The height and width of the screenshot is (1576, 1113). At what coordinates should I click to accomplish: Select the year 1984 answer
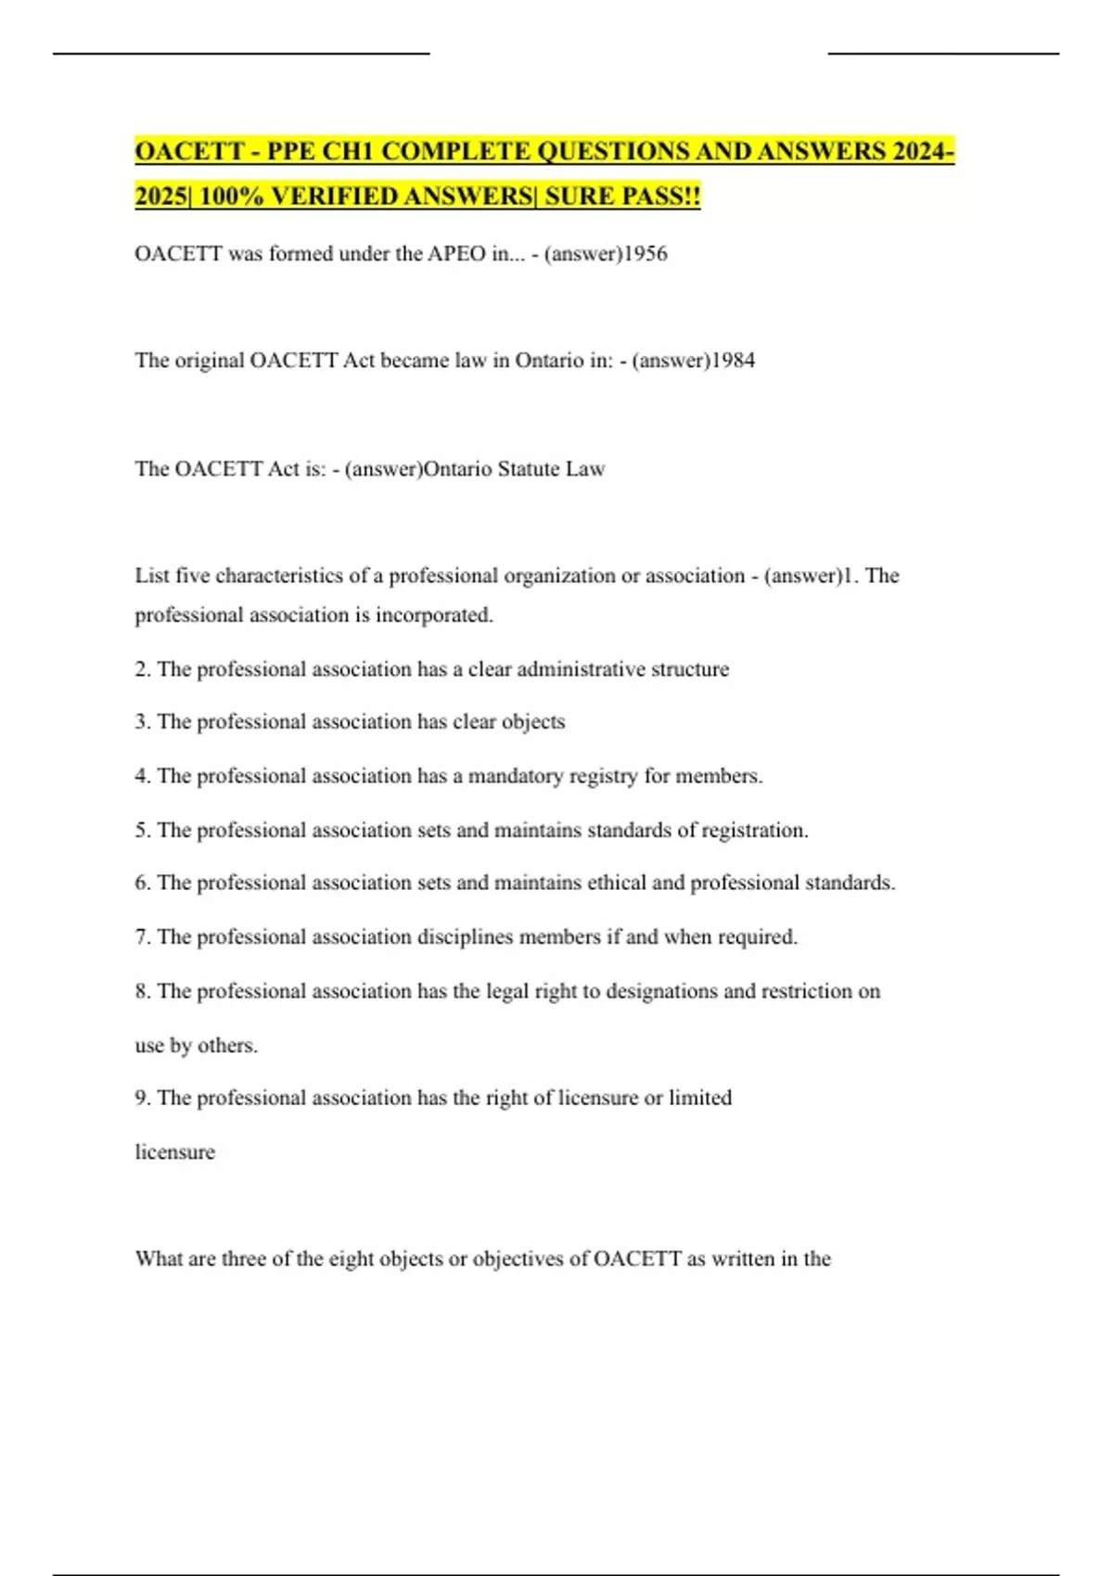tap(733, 361)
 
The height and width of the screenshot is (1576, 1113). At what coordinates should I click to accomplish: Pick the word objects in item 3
tap(533, 722)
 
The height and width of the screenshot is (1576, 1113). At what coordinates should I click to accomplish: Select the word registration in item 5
tap(754, 831)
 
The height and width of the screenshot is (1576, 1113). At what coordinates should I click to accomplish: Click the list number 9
tap(142, 1099)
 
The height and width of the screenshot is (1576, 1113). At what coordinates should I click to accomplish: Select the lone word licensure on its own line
tap(174, 1152)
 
